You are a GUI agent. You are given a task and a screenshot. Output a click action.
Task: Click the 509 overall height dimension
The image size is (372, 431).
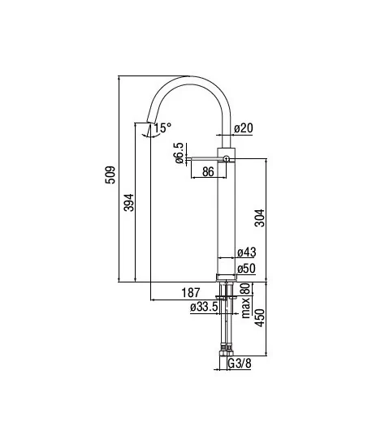coord(110,175)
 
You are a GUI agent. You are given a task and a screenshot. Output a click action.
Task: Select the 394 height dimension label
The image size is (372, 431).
coord(129,203)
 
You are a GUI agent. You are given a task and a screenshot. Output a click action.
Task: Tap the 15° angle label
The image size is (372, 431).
coord(162,127)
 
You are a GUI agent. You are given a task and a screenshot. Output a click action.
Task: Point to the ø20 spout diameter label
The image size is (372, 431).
coord(244,128)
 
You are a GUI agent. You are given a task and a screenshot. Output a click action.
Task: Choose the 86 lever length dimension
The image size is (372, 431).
coord(208,172)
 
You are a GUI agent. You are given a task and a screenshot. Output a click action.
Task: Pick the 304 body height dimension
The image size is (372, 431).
coord(260,218)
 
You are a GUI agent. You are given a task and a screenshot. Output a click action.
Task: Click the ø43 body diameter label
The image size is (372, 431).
coord(247,252)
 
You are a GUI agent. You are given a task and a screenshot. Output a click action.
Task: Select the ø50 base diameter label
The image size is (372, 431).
coord(246,269)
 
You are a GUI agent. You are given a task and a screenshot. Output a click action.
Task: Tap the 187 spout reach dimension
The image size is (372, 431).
coord(190,293)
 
